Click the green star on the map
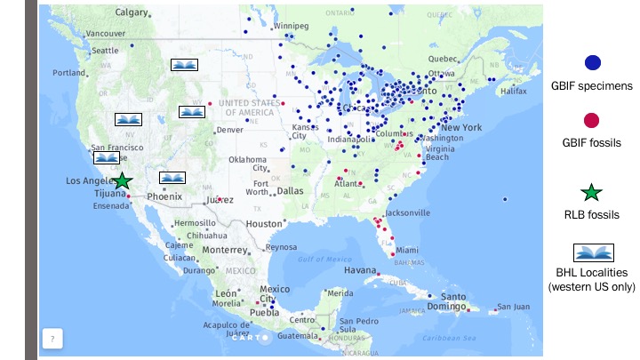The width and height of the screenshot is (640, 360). [123, 181]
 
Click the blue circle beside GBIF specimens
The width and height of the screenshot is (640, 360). [592, 62]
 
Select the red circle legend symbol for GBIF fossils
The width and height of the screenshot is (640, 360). [592, 120]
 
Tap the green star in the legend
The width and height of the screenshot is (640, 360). [592, 191]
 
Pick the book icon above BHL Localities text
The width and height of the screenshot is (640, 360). [592, 252]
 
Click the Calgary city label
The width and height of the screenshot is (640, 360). [132, 12]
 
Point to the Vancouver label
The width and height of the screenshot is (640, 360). [105, 34]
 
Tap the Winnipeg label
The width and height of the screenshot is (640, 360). [292, 26]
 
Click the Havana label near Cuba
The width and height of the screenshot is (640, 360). [361, 269]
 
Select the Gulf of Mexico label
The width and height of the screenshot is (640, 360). [321, 259]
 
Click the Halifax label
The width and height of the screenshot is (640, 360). [513, 91]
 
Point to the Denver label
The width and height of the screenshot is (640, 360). [229, 129]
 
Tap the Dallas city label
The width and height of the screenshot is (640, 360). [290, 190]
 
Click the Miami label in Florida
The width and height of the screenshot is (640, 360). [408, 250]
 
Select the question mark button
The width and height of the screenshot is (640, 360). [52, 339]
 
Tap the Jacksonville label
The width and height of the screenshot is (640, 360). [407, 213]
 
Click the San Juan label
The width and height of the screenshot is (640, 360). [514, 307]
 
